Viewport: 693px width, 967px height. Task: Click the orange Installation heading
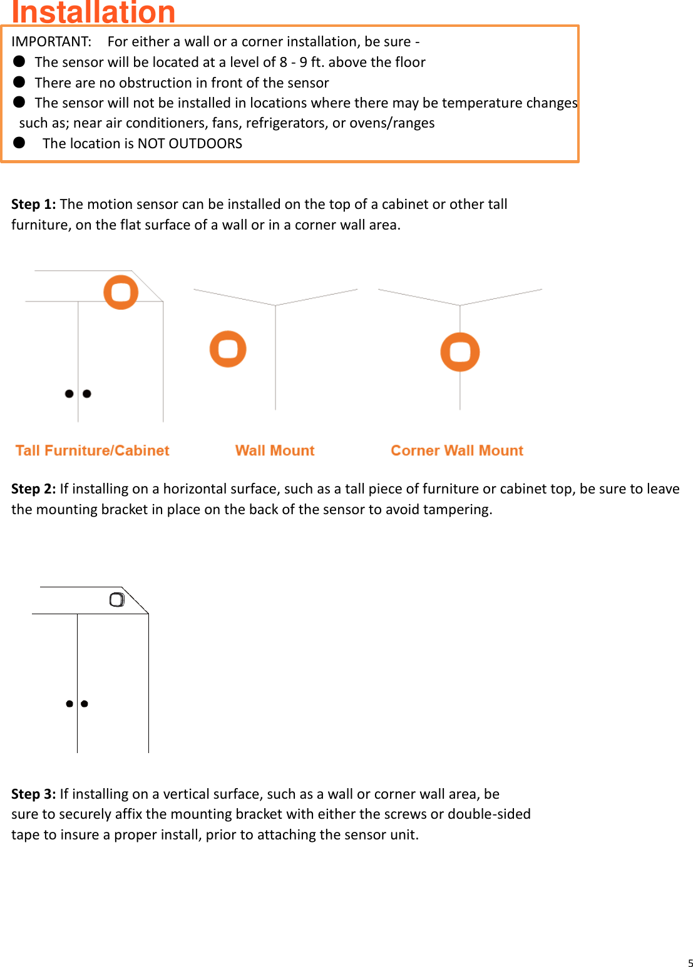[93, 13]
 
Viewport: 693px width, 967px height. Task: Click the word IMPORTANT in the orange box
[51, 42]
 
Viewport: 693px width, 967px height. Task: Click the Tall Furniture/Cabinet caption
[92, 451]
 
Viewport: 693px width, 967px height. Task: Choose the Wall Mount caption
[275, 451]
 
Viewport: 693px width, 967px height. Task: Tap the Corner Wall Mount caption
[457, 451]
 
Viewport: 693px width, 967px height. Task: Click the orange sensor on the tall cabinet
[121, 292]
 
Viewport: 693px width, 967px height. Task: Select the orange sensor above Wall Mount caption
[228, 349]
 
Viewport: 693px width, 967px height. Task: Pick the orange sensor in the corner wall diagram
[460, 352]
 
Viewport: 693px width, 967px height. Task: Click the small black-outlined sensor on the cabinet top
[117, 600]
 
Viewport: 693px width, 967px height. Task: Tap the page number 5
[690, 963]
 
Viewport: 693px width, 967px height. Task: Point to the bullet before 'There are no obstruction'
[19, 82]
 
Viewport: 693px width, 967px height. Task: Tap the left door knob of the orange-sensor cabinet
[69, 393]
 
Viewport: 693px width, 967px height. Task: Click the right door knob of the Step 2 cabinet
[85, 704]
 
